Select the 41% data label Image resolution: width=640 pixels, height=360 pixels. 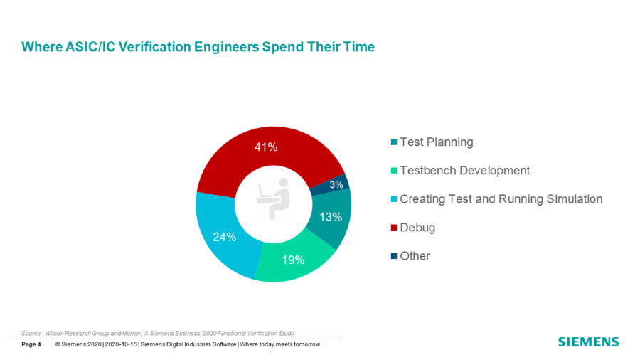[x=267, y=147]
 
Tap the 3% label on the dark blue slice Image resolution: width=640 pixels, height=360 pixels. [x=336, y=184]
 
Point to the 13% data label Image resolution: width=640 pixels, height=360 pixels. [x=330, y=218]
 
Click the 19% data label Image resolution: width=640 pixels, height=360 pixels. [x=293, y=260]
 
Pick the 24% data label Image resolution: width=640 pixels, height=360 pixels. [x=224, y=237]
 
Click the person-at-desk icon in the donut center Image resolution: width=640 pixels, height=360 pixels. [x=274, y=200]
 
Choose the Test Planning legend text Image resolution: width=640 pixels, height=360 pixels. [x=436, y=142]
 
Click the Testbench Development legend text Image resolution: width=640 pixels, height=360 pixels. [x=464, y=171]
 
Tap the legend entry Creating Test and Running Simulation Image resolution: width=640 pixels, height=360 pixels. [x=501, y=199]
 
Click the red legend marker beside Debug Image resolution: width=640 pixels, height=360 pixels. [x=393, y=228]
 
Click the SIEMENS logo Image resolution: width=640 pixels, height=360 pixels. [x=588, y=342]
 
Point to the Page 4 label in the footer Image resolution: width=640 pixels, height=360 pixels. [x=31, y=345]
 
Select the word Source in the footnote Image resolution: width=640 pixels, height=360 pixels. [x=31, y=333]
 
